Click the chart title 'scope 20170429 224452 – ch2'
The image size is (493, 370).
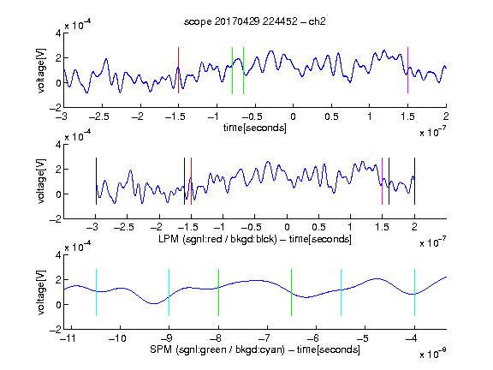255,21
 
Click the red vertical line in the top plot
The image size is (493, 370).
178,70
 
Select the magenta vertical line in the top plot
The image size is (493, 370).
407,70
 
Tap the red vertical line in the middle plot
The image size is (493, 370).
191,182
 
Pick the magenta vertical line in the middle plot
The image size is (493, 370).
382,182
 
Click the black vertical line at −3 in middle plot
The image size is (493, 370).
96,182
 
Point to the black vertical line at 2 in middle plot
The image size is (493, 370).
415,182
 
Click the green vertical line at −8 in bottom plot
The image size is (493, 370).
218,292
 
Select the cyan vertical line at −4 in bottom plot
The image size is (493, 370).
415,292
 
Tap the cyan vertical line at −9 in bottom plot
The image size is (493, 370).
169,292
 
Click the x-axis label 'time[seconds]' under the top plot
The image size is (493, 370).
255,128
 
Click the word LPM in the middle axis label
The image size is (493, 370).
169,239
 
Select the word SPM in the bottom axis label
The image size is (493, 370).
161,349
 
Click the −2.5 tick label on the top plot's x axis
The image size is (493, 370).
98,116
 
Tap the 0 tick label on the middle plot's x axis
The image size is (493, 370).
287,227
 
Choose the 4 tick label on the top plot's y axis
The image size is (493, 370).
58,33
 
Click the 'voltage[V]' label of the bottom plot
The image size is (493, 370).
41,292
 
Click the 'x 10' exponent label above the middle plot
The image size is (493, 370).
78,136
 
